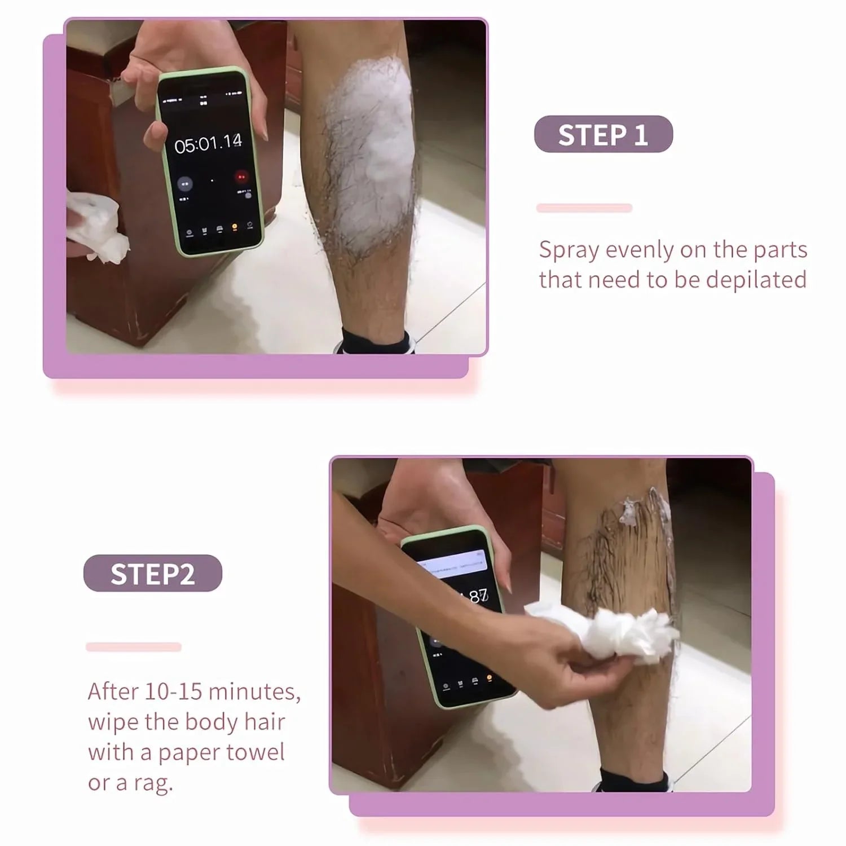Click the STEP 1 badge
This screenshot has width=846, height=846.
coord(603,135)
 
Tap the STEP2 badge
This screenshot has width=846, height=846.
coord(152,574)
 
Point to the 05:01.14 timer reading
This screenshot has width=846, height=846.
coord(208,144)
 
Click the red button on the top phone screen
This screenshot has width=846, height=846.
coord(241,177)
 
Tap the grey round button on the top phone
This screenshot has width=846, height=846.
coord(184,183)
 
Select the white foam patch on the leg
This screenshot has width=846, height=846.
coord(372,152)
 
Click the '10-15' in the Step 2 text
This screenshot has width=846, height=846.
coord(180,691)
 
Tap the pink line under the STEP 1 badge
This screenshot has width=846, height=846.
coord(584,208)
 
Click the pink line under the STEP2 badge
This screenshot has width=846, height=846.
coord(134,647)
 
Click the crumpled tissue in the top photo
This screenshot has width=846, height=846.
coord(96,226)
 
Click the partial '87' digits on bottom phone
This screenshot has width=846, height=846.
coord(478,597)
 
